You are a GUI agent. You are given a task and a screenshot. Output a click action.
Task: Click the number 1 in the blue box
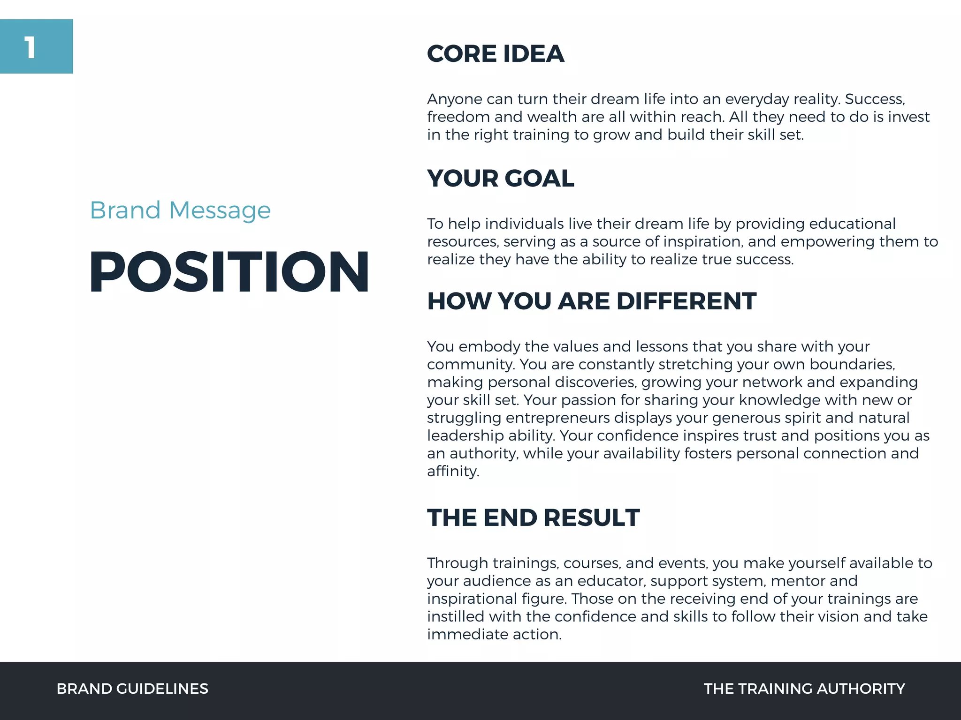(x=31, y=48)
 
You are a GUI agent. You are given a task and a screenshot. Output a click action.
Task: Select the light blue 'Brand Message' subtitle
(x=180, y=210)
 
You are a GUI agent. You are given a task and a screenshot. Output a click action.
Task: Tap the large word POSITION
(x=229, y=272)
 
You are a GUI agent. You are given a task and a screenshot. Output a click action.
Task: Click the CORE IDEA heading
(x=495, y=53)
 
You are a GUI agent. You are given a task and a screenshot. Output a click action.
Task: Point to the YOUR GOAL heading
(x=500, y=178)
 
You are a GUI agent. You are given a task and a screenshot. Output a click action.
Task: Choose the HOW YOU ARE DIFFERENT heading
(x=591, y=301)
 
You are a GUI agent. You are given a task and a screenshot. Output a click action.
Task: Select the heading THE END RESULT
(x=533, y=517)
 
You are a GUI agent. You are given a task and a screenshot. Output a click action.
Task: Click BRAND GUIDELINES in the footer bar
(x=132, y=689)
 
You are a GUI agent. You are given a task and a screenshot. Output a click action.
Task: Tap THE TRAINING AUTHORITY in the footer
(x=804, y=689)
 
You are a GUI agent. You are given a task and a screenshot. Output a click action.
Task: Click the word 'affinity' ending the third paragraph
(x=452, y=472)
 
